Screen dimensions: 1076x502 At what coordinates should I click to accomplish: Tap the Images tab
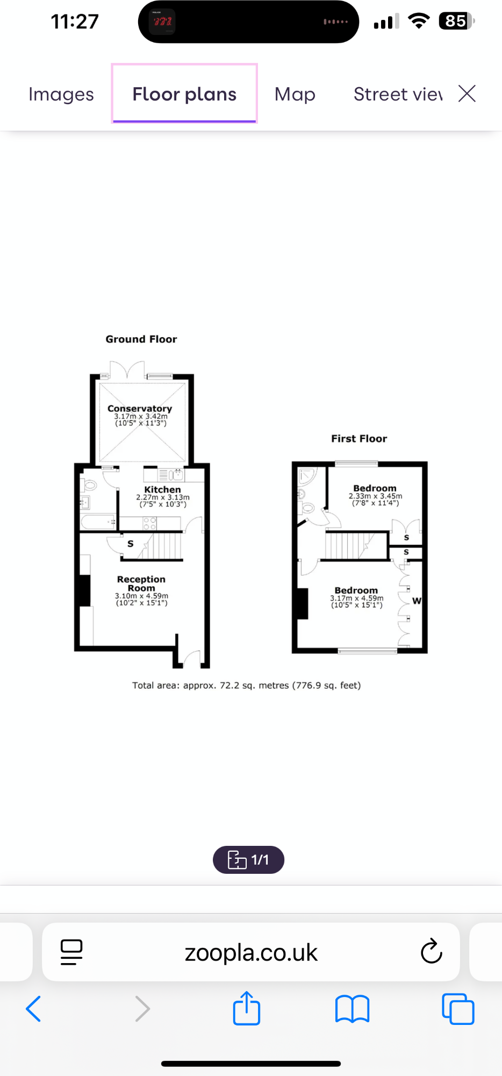coord(61,94)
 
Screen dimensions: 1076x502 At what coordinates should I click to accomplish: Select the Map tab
coord(295,94)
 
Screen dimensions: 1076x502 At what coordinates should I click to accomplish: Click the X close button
coord(467,94)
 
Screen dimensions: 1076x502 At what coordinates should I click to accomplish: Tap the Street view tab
coord(398,94)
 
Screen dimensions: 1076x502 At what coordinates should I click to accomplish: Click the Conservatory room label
coord(140,409)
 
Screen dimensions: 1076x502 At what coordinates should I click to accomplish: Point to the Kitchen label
coord(162,490)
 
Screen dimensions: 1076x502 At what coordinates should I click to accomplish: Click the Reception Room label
coord(141,583)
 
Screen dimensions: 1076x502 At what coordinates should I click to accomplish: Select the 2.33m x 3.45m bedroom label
coord(375,488)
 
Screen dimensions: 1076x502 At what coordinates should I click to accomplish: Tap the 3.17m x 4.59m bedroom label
coord(356,590)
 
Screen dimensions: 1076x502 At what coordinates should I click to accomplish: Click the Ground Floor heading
coord(141,339)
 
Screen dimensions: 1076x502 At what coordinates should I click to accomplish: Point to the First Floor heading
coord(358,439)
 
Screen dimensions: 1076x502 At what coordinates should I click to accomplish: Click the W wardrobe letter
coord(417,601)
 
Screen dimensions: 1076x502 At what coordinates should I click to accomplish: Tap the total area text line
coord(246,686)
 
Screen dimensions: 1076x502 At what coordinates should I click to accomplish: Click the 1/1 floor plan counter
coord(248,860)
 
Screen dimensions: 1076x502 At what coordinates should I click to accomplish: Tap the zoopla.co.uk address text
coord(251,952)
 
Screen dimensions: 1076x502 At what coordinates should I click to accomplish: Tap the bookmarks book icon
coord(352,1009)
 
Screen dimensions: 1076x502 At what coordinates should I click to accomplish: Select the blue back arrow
coord(33,1009)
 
